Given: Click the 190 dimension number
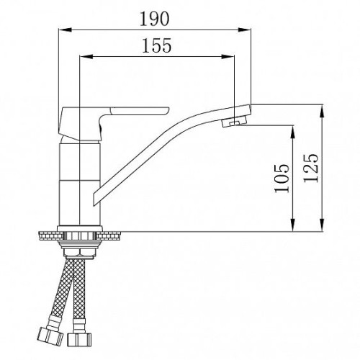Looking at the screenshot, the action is click(154, 19).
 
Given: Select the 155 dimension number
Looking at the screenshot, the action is click(157, 45).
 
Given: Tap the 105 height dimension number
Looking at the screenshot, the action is click(282, 178).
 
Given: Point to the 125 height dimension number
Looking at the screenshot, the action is click(311, 168).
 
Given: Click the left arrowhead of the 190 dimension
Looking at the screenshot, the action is click(66, 30).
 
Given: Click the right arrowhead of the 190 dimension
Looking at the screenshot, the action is click(244, 30).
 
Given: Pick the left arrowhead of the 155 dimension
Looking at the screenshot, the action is click(86, 57).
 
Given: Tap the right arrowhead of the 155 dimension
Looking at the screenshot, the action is click(228, 57).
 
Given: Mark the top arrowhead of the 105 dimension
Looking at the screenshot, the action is click(293, 132).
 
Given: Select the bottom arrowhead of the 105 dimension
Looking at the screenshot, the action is click(293, 225).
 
